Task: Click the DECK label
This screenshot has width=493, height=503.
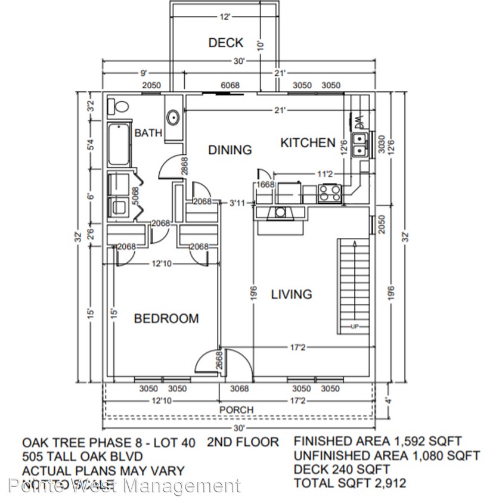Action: coord(226,43)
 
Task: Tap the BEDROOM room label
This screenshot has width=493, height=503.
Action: coord(166,319)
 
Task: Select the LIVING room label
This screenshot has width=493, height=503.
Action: coord(292,294)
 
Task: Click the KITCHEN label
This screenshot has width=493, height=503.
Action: coord(308,142)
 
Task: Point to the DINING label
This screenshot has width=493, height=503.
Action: coord(230,150)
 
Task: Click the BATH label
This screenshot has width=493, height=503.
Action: coord(148,133)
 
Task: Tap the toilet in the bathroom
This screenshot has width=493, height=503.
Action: coord(119,107)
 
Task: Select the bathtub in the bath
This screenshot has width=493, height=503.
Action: coord(119,145)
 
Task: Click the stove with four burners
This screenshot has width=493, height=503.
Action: coord(330,192)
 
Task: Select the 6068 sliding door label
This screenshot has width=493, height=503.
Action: coord(230,85)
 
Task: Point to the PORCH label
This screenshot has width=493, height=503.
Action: coord(236,410)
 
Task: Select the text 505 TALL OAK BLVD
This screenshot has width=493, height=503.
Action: coord(83,457)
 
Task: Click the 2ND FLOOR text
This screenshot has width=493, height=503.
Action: coord(243,442)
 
